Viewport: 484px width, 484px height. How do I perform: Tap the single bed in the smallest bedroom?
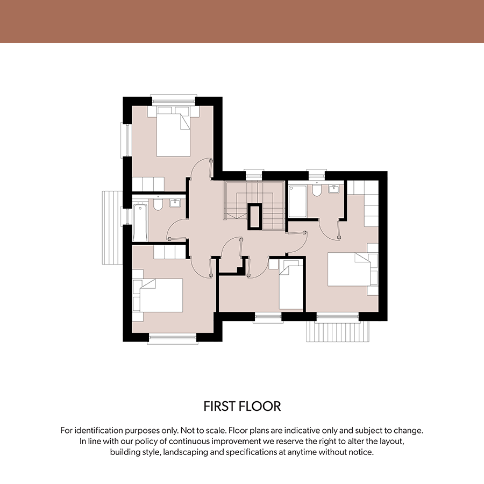pos(291,284)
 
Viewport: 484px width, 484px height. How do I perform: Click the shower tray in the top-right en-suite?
pos(297,201)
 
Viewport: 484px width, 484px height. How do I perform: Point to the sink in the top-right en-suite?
pos(333,189)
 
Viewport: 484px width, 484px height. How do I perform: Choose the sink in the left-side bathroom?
pos(175,203)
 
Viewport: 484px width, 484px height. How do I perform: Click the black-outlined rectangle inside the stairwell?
pos(255,217)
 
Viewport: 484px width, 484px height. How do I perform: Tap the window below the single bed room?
pos(268,318)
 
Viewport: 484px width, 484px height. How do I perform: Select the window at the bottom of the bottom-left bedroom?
pos(173,338)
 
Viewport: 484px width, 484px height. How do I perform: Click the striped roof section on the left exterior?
pos(112,227)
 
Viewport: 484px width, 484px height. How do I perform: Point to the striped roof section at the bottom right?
pos(338,332)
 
